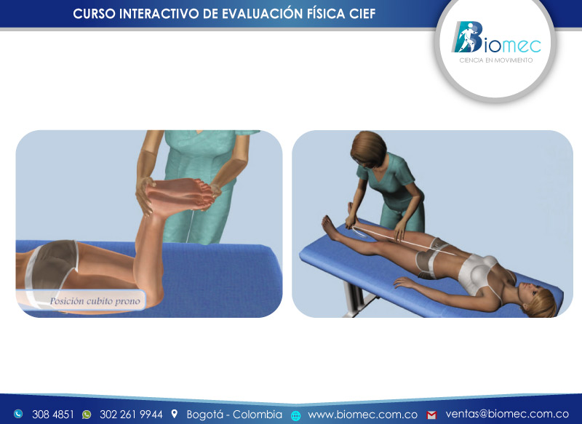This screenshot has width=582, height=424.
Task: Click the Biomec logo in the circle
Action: tap(495, 39)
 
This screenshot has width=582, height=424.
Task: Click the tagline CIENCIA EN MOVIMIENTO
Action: tap(495, 60)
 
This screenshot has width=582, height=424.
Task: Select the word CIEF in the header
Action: tap(361, 14)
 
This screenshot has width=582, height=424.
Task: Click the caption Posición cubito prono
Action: tap(95, 300)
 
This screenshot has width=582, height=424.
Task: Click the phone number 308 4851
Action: tap(52, 415)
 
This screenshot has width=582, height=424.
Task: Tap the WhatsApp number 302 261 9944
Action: tap(131, 415)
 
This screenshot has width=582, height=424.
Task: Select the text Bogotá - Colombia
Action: tap(234, 415)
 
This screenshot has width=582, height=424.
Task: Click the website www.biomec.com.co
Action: tap(362, 415)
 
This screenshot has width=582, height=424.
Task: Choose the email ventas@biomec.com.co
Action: tap(507, 415)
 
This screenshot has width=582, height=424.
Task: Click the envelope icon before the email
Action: tap(431, 415)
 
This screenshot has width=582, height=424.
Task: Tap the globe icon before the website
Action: tap(295, 415)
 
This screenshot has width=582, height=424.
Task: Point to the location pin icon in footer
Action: tap(175, 415)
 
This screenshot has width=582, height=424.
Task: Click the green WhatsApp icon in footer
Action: tap(87, 415)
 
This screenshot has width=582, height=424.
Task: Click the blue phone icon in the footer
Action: tap(18, 415)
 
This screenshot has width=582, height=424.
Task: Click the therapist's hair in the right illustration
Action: tap(369, 148)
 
